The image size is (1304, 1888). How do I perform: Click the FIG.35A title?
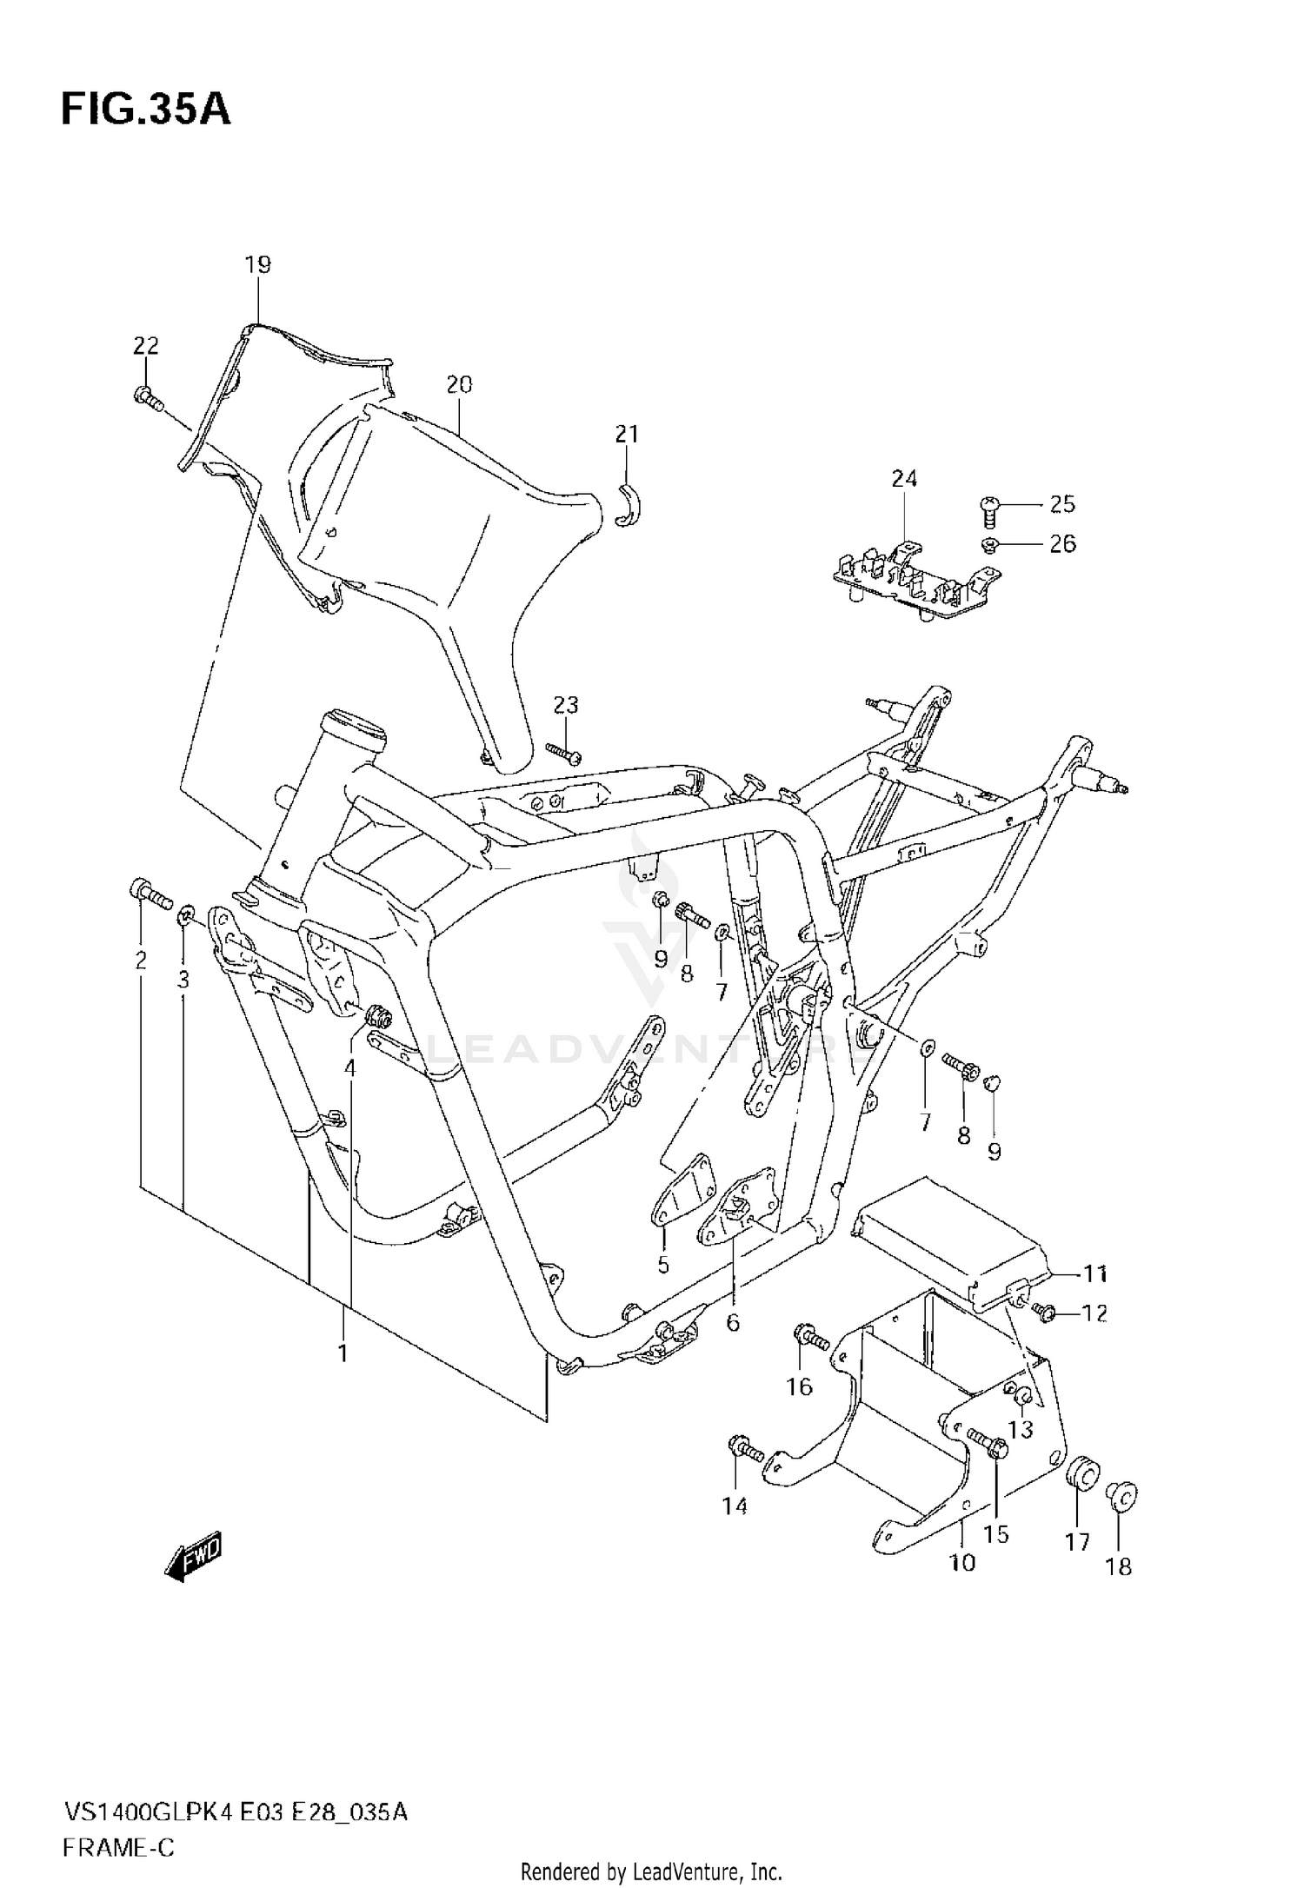click(x=145, y=110)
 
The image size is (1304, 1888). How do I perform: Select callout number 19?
click(x=258, y=264)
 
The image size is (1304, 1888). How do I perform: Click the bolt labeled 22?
click(x=148, y=398)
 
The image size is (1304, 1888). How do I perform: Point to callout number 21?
click(x=627, y=434)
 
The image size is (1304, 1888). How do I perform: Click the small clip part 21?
click(x=630, y=506)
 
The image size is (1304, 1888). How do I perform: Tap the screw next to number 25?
click(x=988, y=510)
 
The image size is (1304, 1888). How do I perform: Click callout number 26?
click(x=1062, y=544)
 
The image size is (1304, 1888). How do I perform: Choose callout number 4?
click(x=349, y=1067)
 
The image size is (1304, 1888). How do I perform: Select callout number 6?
click(x=732, y=1347)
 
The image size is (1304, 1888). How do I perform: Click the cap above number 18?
click(x=1122, y=1496)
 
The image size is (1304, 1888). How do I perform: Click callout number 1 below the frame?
click(x=343, y=1353)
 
